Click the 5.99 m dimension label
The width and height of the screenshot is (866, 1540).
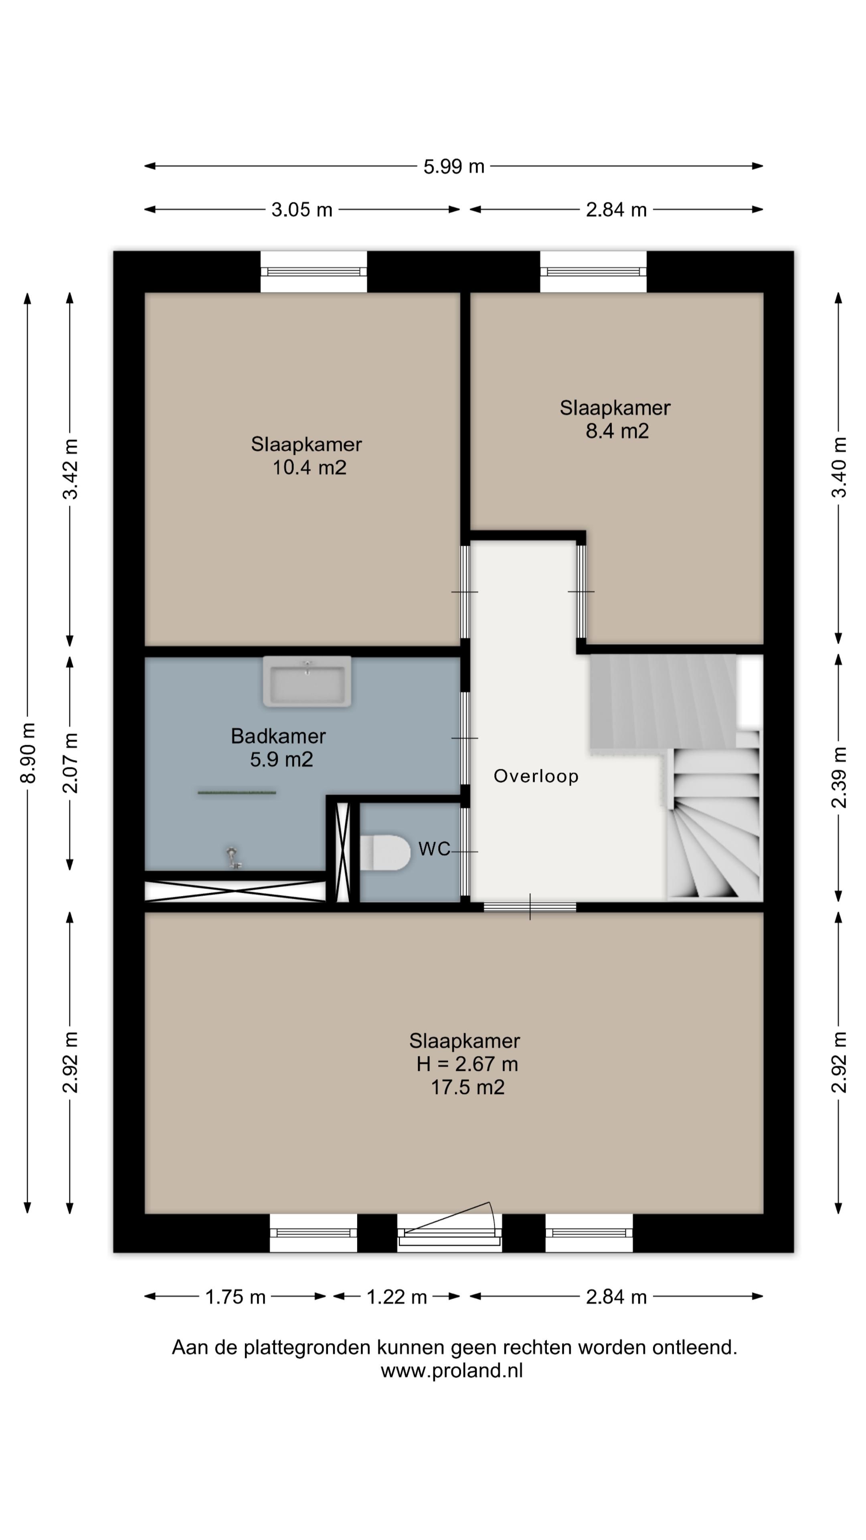pyautogui.click(x=453, y=166)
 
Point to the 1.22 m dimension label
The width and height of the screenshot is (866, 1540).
pyautogui.click(x=396, y=1297)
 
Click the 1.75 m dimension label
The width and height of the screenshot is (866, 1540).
pyautogui.click(x=235, y=1297)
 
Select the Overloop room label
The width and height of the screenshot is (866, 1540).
pyautogui.click(x=536, y=776)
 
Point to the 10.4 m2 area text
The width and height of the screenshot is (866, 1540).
pyautogui.click(x=309, y=468)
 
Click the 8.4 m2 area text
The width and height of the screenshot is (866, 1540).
pyautogui.click(x=617, y=431)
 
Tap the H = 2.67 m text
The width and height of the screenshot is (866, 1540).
pyautogui.click(x=467, y=1064)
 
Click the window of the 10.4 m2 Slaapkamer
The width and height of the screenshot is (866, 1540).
pyautogui.click(x=313, y=272)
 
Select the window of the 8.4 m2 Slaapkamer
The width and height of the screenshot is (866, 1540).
pyautogui.click(x=593, y=272)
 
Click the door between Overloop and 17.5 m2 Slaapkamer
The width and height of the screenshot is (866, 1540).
pyautogui.click(x=530, y=907)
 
